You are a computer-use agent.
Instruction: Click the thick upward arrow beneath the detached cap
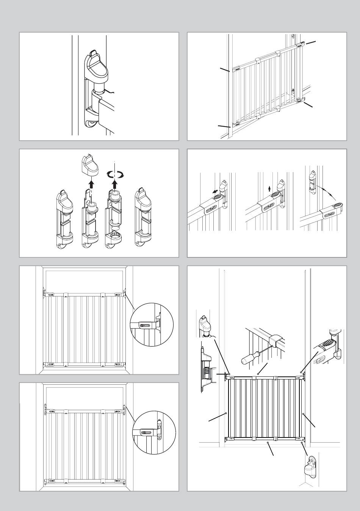click(x=90, y=185)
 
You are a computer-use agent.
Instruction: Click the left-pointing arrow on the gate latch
click(x=215, y=192)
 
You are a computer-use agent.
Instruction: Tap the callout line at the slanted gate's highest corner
click(x=310, y=42)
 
